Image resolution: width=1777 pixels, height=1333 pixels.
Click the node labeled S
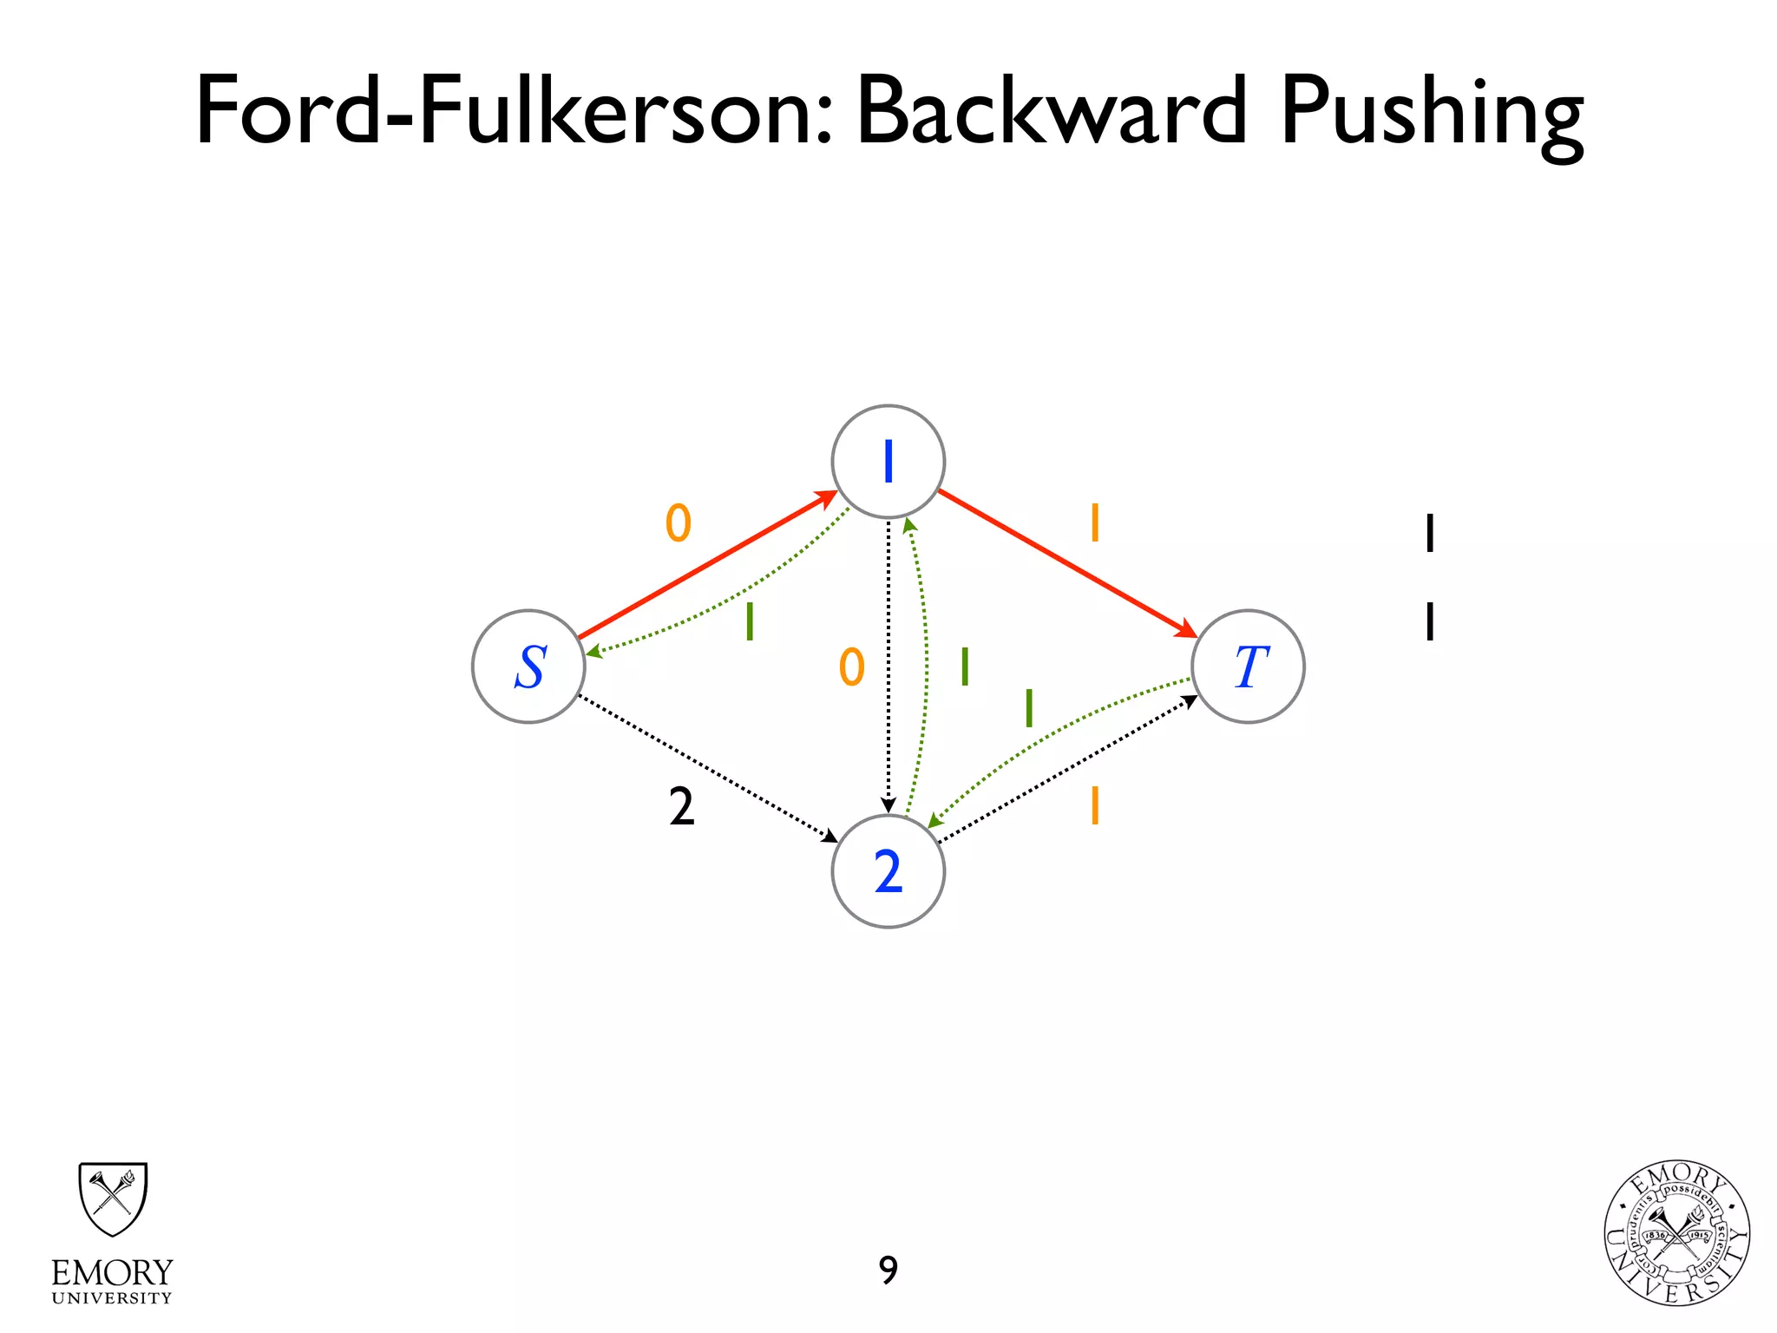point(528,666)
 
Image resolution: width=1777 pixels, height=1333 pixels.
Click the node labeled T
point(1248,666)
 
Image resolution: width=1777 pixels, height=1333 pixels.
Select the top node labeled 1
point(888,462)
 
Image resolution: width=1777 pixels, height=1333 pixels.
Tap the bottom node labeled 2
point(888,871)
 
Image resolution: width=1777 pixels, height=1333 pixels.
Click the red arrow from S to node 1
point(707,565)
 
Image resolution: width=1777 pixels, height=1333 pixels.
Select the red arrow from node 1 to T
point(1067,564)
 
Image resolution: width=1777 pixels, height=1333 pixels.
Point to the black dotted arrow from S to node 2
point(707,769)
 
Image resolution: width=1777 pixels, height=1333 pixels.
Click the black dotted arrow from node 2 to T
point(1067,770)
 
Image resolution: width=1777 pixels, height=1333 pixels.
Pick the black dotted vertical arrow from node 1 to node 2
point(888,668)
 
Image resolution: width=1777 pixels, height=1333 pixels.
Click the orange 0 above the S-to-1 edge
point(679,523)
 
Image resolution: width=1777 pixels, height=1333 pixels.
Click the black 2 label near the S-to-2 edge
point(682,807)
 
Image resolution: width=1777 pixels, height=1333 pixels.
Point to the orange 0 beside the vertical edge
point(852,667)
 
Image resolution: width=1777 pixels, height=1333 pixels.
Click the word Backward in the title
point(1052,111)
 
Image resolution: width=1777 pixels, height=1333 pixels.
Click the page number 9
point(888,1271)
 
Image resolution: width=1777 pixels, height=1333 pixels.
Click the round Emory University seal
point(1676,1233)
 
